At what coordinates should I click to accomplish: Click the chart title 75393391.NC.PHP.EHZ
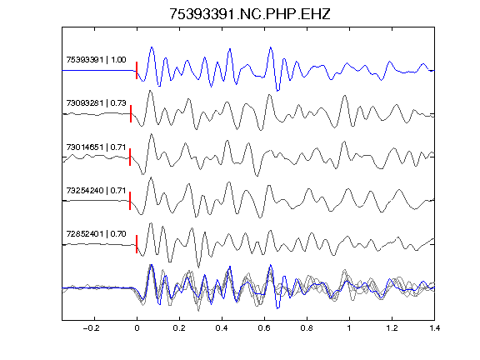click(250, 14)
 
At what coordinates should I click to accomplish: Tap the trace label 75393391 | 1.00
click(96, 60)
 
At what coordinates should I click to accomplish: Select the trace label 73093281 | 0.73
click(96, 103)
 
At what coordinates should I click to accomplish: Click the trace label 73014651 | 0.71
click(96, 147)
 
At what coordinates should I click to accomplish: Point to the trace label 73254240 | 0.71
click(96, 191)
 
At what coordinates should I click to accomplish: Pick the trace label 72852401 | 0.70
click(96, 234)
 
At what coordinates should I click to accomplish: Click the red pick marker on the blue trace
click(137, 70)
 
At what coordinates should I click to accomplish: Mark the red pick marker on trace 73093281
click(131, 114)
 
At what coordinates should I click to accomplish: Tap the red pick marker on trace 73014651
click(130, 157)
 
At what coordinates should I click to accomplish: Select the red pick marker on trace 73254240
click(130, 201)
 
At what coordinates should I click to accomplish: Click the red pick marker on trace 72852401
click(137, 244)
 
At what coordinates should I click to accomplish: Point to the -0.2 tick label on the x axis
click(91, 328)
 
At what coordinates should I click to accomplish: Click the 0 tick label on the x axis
click(137, 328)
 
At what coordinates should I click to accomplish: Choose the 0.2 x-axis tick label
click(179, 328)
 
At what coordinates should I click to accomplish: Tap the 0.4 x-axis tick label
click(222, 328)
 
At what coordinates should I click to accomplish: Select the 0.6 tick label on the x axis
click(264, 328)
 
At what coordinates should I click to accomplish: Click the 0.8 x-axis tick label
click(307, 328)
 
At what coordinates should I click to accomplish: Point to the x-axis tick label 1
click(349, 328)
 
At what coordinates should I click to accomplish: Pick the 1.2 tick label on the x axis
click(392, 328)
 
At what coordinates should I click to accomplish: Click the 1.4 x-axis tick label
click(434, 328)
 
